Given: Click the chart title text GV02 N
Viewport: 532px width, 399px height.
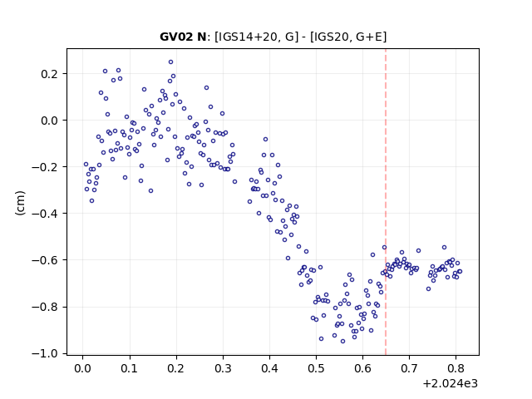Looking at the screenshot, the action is tap(183, 37).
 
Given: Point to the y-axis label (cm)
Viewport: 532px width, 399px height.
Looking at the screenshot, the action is tap(20, 203).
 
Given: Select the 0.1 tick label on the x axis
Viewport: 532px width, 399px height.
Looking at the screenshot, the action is tap(130, 368).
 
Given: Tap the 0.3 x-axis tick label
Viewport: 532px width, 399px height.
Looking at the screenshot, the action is tap(223, 368).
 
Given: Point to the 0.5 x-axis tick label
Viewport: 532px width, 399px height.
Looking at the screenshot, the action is tap(316, 368).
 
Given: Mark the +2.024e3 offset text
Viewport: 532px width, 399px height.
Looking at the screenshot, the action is tap(451, 384).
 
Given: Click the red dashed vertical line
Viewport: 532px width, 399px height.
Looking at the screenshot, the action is tap(386, 202).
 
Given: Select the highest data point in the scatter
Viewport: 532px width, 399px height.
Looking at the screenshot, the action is tap(170, 62).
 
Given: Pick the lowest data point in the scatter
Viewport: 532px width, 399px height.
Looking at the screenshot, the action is tap(342, 341).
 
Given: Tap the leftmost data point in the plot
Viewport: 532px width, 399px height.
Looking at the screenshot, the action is tap(86, 165).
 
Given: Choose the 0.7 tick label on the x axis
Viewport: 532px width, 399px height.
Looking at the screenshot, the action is tap(409, 368).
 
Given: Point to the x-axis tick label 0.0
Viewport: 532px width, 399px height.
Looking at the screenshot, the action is tap(83, 368).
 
